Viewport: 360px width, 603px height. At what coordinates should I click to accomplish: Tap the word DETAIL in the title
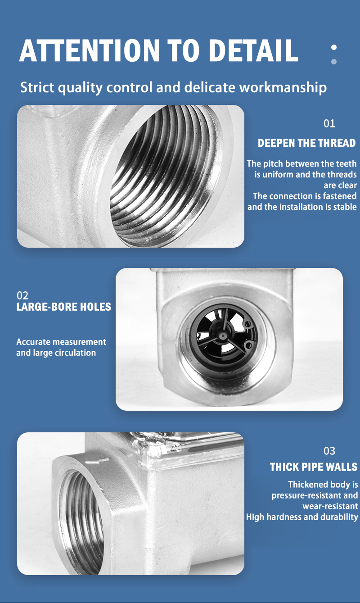click(253, 50)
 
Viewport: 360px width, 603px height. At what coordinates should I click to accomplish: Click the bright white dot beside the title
click(334, 47)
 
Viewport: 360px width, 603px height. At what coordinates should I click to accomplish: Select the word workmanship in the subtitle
click(283, 88)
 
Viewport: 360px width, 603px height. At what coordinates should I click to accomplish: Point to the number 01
click(329, 123)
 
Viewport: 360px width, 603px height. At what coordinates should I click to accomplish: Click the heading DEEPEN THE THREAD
click(307, 143)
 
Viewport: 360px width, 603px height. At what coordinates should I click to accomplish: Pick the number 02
click(22, 295)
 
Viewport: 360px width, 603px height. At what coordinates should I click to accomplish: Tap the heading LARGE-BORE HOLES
click(64, 307)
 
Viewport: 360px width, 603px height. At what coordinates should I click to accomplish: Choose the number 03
click(329, 451)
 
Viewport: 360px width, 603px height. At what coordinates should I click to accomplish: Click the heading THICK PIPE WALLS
click(314, 467)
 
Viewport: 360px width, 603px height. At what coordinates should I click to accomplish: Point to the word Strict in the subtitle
click(37, 87)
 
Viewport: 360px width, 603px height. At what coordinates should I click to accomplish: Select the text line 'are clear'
click(340, 186)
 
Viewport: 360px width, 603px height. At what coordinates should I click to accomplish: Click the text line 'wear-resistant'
click(330, 506)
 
